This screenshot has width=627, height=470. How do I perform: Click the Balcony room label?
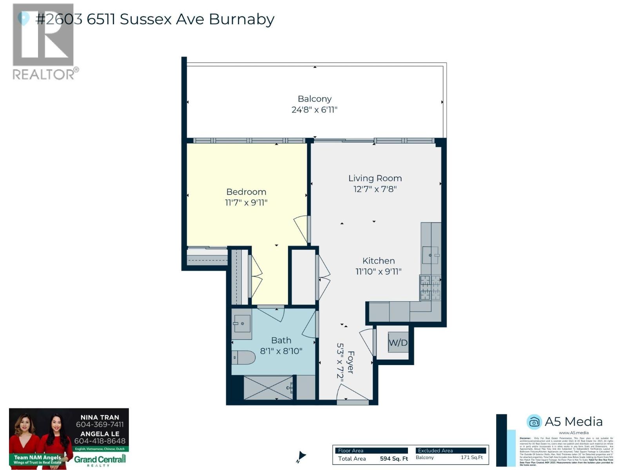pos(314,99)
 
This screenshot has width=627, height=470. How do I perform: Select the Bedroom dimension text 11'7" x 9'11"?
pos(246,202)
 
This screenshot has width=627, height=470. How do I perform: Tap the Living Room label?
pos(375,178)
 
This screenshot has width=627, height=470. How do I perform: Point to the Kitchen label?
pos(378,261)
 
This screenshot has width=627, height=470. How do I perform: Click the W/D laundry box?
pos(398,342)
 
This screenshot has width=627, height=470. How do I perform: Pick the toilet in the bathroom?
pos(243,357)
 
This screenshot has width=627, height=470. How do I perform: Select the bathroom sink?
pos(241,324)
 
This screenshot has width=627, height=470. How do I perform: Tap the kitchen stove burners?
pos(430,287)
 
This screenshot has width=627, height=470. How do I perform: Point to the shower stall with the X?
pos(268,388)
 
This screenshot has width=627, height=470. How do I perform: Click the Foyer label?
pos(351,362)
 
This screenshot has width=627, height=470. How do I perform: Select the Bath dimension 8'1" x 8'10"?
pos(281,351)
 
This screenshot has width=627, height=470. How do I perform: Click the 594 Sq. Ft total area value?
pos(394,459)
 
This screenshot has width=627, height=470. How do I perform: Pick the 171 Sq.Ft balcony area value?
pos(471,457)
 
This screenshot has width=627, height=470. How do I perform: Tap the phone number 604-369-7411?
pos(100,425)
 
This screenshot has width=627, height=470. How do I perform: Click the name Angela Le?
pos(100,434)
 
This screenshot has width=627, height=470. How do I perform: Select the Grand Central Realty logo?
pos(100,460)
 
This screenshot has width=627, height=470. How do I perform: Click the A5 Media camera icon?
pos(534,422)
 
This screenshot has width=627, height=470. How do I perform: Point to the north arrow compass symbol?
pos(301,456)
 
